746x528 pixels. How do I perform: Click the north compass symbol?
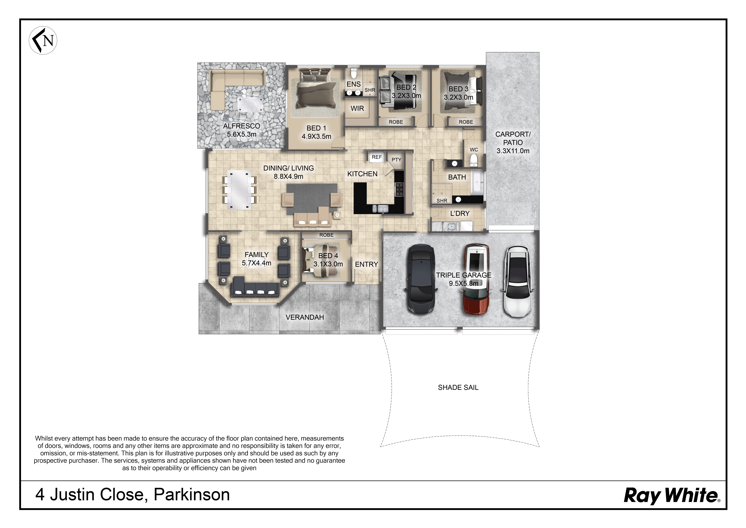[x=43, y=40]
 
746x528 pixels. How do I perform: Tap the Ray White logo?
[x=672, y=495]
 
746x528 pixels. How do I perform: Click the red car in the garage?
[x=476, y=279]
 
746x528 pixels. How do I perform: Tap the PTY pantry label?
[x=396, y=160]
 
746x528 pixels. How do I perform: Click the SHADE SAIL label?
[x=458, y=387]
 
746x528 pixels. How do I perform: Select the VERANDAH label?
[x=305, y=317]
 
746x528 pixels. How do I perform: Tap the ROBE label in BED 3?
[x=466, y=122]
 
